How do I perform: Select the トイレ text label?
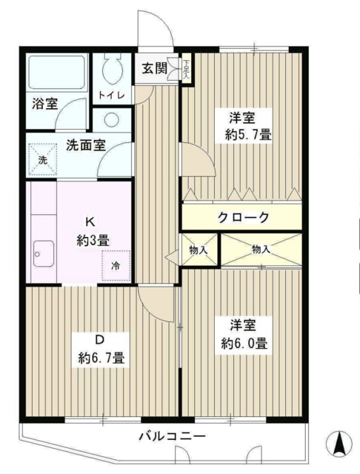pos(112,95)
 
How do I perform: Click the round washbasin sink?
pos(113,119)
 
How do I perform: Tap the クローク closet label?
pos(242,217)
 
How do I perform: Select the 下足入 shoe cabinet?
pos(186,70)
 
